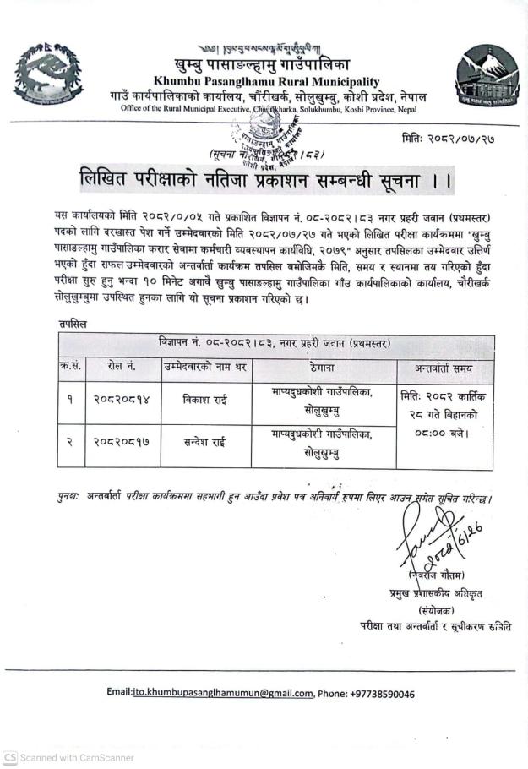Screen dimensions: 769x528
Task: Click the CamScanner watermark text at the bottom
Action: [69, 758]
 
